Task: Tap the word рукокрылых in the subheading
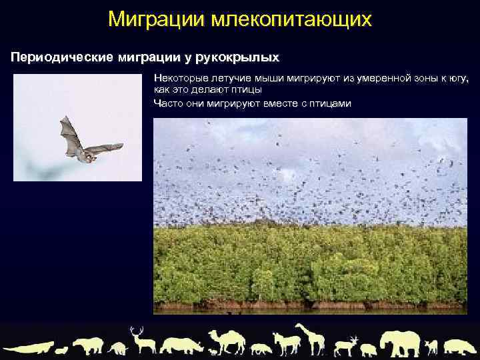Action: pyautogui.click(x=241, y=58)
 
